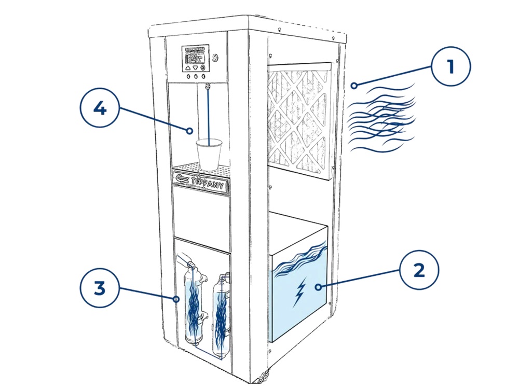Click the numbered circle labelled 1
point(450,67)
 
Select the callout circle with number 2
point(419,270)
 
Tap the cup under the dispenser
point(209,153)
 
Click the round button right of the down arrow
point(202,68)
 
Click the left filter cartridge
point(194,306)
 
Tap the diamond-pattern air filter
point(298,120)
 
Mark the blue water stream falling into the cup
point(208,114)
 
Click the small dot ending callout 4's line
point(190,131)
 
